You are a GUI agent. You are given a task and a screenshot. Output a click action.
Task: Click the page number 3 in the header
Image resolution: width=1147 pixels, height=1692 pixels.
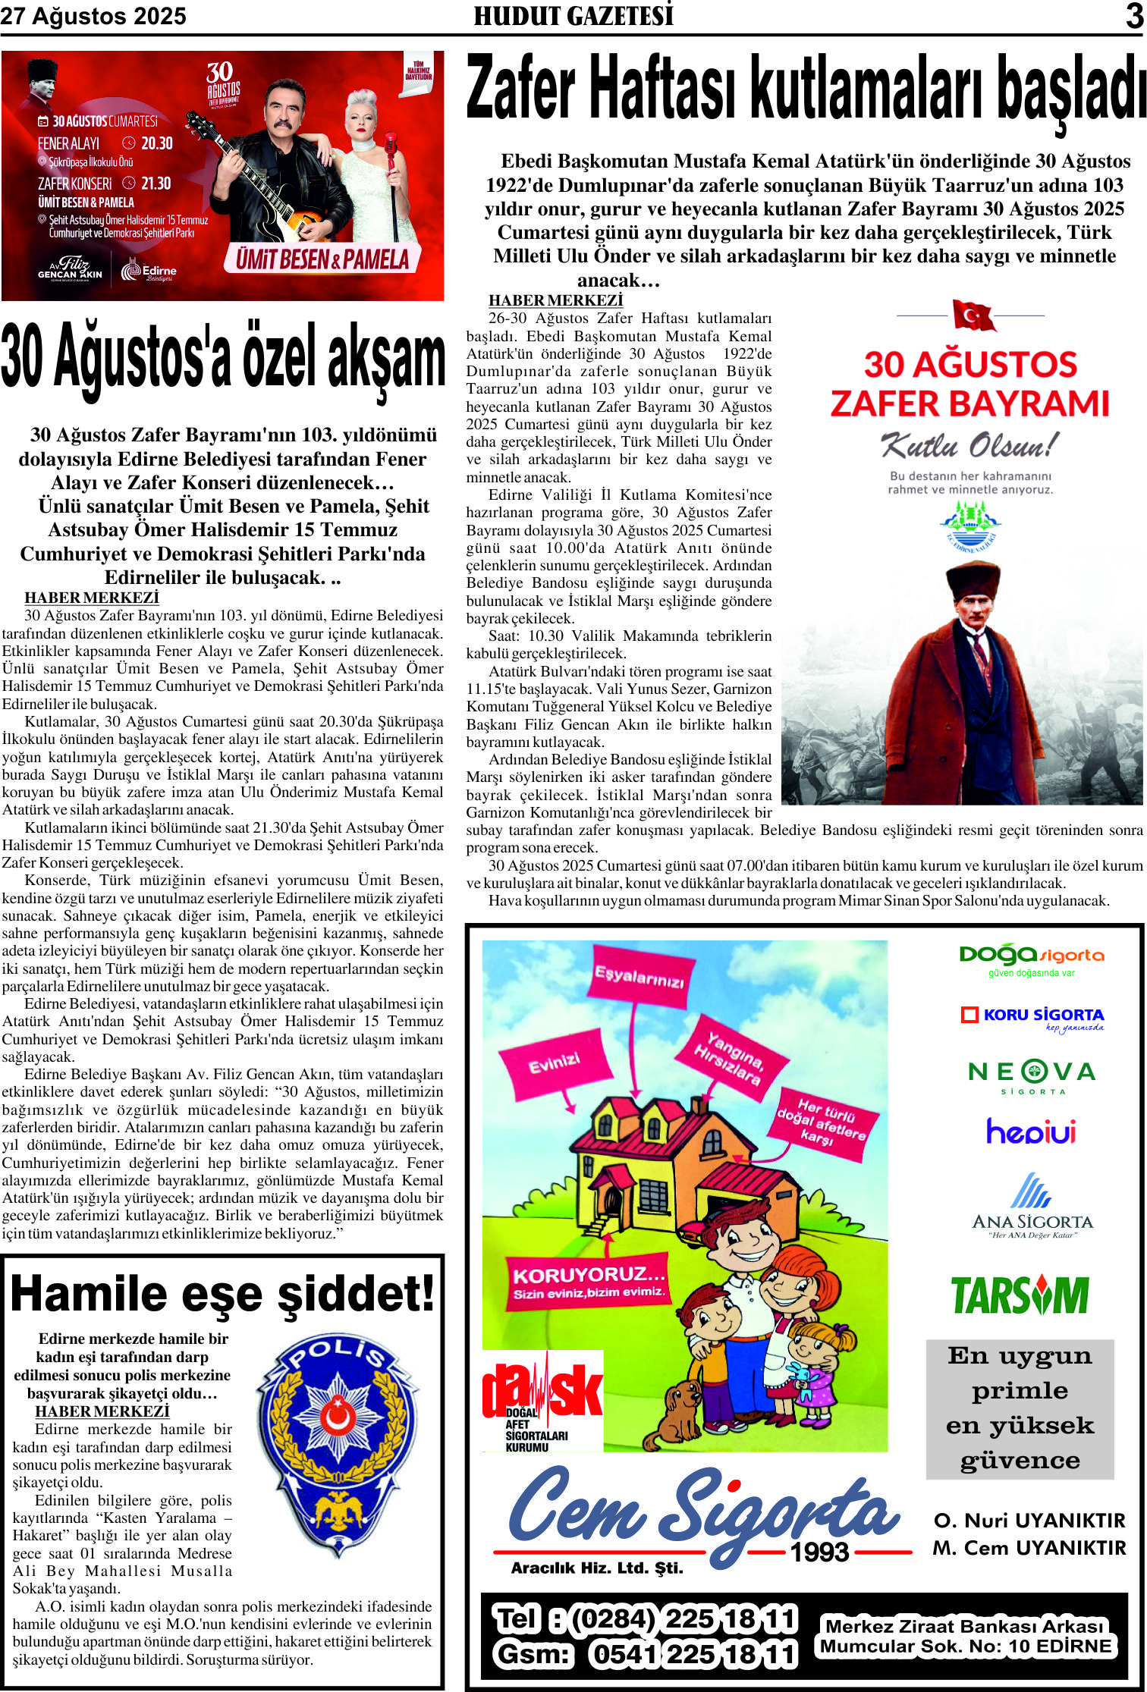[x=1133, y=16]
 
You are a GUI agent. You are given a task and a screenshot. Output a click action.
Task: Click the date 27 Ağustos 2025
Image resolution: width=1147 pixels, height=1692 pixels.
[x=93, y=16]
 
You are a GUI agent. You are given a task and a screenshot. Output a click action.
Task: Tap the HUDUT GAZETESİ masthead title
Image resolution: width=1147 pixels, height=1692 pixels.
[x=573, y=16]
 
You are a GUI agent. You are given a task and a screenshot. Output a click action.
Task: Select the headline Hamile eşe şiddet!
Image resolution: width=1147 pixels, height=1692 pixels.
[x=222, y=1295]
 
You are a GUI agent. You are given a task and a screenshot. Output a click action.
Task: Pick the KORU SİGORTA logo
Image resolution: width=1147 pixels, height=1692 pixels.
[x=1032, y=1018]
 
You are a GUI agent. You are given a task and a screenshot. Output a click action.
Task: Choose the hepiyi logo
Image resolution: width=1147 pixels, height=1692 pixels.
[x=1031, y=1132]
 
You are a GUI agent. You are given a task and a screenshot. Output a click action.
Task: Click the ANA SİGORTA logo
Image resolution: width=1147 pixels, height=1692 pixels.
[x=1032, y=1205]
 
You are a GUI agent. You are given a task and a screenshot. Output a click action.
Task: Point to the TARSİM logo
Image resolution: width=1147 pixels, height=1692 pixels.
[x=1020, y=1295]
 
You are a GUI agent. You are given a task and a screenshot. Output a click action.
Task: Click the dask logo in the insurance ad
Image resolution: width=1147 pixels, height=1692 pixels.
[x=542, y=1402]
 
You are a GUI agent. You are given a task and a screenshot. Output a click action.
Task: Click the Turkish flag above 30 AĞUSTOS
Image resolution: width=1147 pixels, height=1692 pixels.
[x=973, y=315]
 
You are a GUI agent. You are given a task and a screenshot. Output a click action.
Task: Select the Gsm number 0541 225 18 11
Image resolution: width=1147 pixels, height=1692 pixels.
[x=693, y=1654]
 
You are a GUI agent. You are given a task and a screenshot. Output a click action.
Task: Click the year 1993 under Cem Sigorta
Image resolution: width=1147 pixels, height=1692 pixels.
[x=819, y=1552]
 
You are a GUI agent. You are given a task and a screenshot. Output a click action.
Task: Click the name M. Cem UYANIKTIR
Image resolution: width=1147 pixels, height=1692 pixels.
[x=1029, y=1548]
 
